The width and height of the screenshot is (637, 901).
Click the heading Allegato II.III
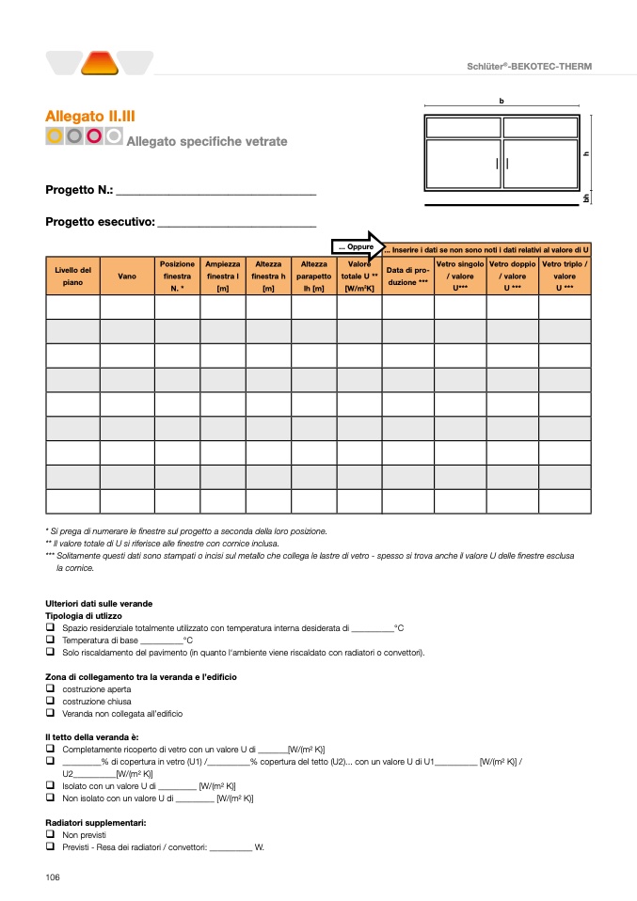tap(90, 116)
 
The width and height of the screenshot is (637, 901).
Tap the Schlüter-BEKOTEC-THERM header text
tap(530, 66)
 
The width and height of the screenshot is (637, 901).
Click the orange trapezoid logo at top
tap(99, 63)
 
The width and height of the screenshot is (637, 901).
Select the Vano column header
tap(127, 277)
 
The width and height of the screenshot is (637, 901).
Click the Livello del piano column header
tap(72, 277)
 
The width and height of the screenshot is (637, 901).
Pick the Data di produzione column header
tap(407, 277)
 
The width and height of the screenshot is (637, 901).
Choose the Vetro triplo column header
tap(565, 277)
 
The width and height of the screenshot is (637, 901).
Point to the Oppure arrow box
tap(357, 246)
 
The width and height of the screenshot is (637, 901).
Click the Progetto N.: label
tap(79, 190)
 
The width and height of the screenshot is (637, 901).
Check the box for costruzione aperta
tap(50, 688)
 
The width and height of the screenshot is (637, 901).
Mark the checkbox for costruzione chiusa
tap(50, 701)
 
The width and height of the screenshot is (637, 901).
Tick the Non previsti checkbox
tap(50, 834)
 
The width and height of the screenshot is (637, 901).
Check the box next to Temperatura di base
tap(50, 640)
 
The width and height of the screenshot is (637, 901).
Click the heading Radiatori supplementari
tap(95, 822)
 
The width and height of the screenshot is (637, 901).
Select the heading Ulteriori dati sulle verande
tap(99, 603)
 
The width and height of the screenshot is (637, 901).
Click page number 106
tap(53, 877)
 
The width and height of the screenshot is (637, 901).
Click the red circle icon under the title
tap(94, 136)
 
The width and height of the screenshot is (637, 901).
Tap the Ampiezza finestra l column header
tap(223, 277)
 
